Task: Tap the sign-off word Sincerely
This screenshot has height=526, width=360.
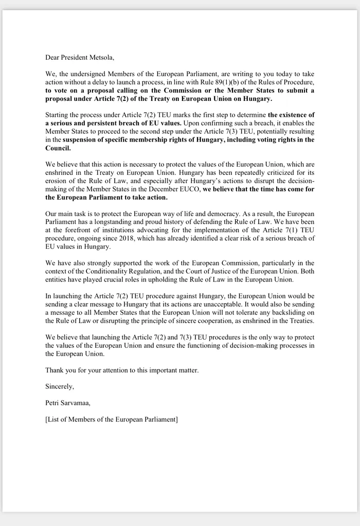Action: click(60, 387)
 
